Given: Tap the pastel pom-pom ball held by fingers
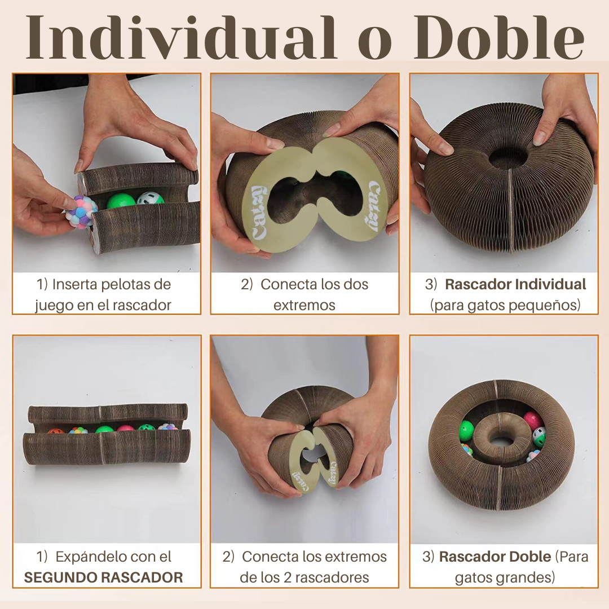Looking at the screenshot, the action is click(81, 211).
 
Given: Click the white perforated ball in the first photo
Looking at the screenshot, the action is click(151, 199).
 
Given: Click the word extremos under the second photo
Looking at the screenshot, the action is click(304, 305).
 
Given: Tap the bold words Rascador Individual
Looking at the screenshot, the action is click(515, 284).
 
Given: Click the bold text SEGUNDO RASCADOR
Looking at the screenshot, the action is click(103, 577).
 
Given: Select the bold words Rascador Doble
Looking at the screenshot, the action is click(495, 557).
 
